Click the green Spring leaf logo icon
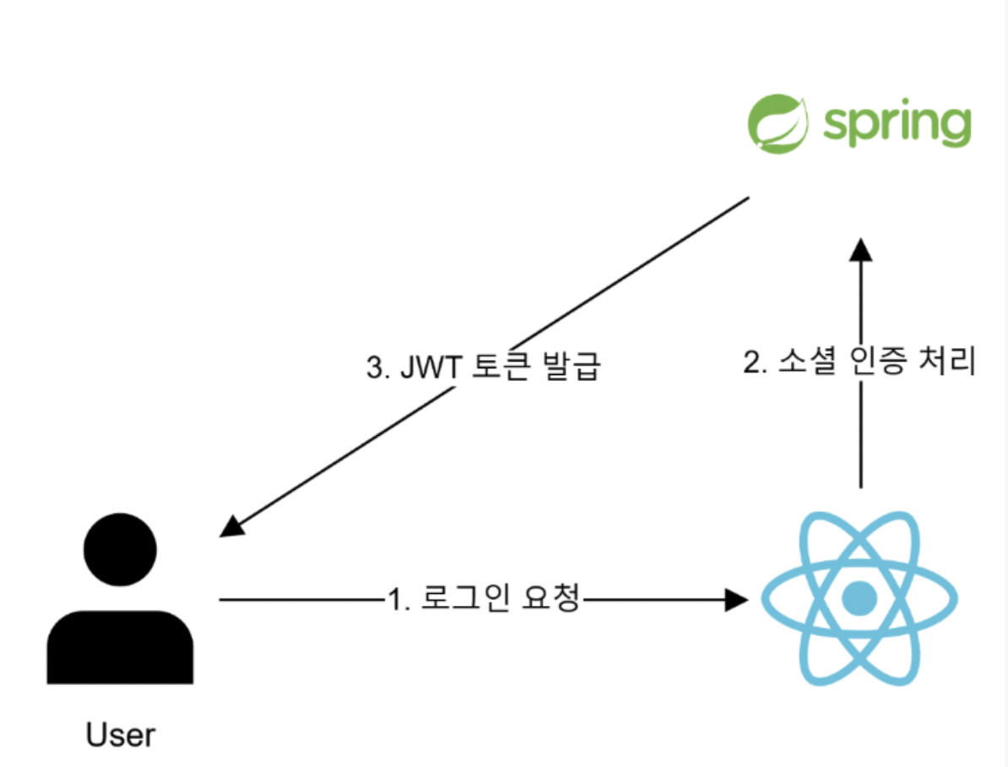778,125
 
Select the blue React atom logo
859,599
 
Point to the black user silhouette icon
120,600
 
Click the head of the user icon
120,549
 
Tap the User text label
121,735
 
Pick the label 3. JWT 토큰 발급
482,369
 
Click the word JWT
428,369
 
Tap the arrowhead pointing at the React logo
738,600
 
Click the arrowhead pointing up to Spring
860,249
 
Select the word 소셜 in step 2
807,362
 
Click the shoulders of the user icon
120,646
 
